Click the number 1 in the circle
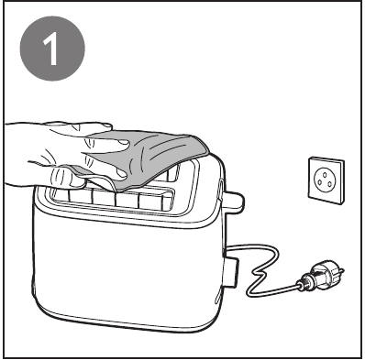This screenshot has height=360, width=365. click(51, 48)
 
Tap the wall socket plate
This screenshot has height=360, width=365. click(326, 180)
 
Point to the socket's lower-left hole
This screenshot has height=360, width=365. click(319, 182)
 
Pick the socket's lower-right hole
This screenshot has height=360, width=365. click(330, 184)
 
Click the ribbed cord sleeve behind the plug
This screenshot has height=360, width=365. click(305, 282)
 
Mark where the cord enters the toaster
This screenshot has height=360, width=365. click(227, 252)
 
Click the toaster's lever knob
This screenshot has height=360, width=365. click(233, 201)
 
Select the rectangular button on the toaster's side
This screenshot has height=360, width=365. click(231, 272)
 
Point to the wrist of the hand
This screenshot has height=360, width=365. click(18, 153)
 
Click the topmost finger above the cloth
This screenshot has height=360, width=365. click(80, 126)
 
